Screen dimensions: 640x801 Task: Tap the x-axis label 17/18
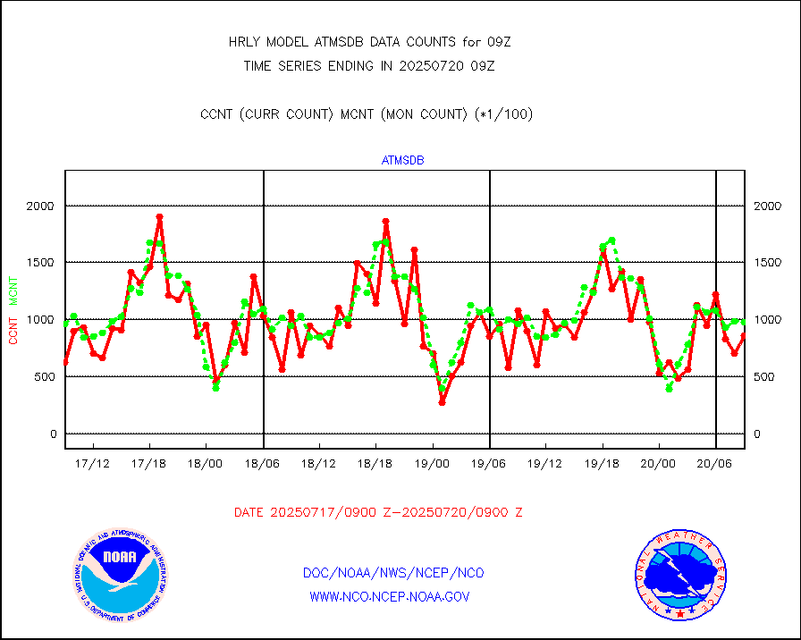[x=148, y=464]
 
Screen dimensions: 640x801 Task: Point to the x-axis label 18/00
[x=206, y=464]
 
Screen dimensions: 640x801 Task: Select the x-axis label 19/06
[x=489, y=464]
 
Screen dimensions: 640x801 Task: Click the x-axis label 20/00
[x=659, y=464]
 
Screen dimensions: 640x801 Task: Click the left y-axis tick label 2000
[x=40, y=206]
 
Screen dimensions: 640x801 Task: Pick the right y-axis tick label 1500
[x=769, y=263]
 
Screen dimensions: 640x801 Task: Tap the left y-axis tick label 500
[x=44, y=376]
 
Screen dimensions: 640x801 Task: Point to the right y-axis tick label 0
[x=757, y=434]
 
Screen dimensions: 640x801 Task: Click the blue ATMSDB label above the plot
[x=402, y=161]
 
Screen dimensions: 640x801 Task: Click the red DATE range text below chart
[x=378, y=512]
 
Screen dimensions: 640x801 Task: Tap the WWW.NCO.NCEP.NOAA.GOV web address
[x=390, y=596]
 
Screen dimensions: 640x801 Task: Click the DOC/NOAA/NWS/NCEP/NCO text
[x=393, y=573]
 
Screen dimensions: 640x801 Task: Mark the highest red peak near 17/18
[x=159, y=217]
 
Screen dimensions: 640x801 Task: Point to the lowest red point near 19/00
[x=442, y=402]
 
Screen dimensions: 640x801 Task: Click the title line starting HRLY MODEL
[x=369, y=41]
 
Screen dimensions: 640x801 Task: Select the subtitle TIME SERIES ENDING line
[x=369, y=65]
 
